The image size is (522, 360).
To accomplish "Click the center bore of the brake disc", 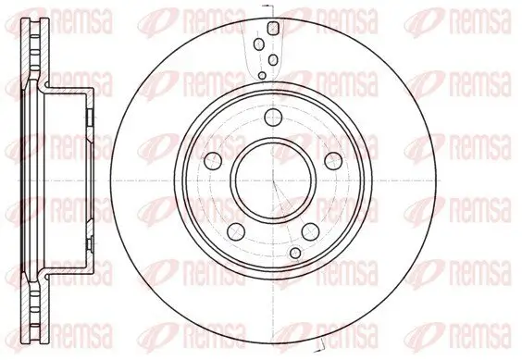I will [261, 180].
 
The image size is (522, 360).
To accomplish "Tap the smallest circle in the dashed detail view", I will [263, 74].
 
